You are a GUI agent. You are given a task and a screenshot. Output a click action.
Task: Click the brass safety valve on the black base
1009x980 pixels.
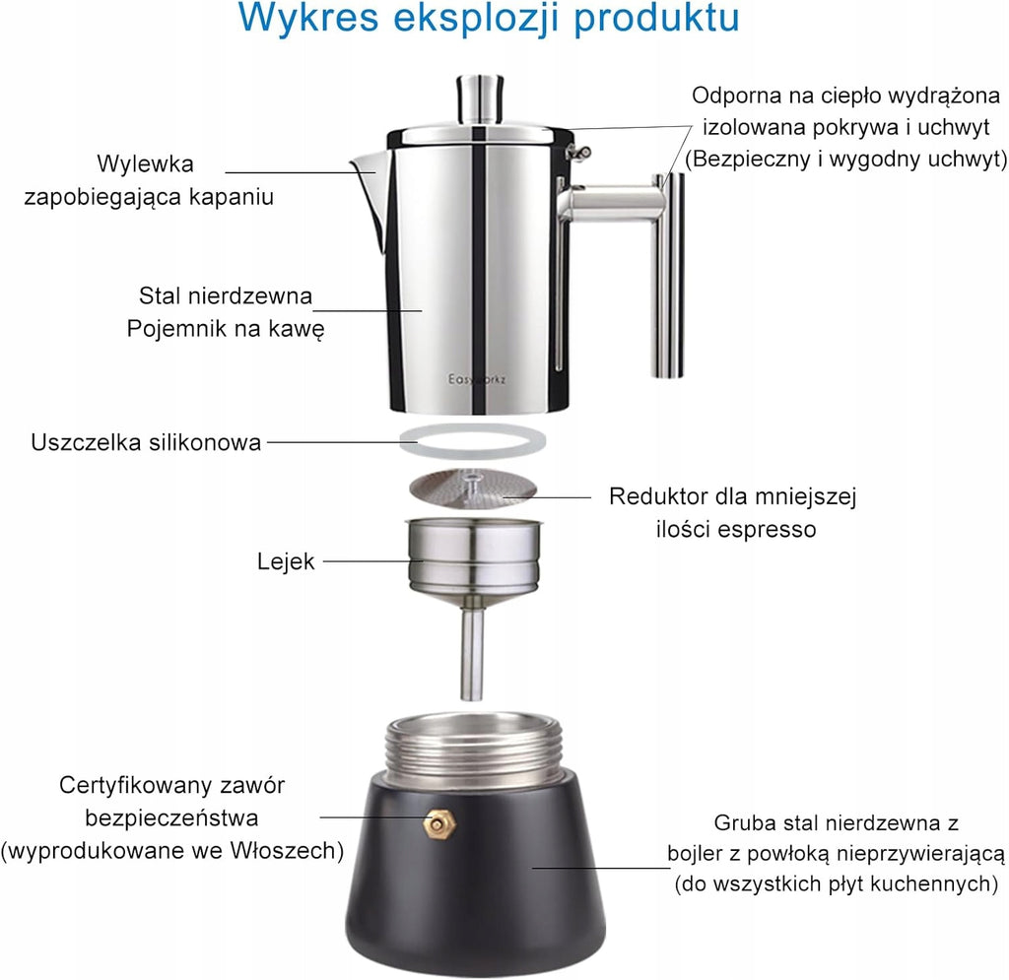pyautogui.click(x=438, y=822)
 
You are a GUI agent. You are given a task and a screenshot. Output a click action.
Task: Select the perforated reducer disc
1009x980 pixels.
pyautogui.click(x=473, y=488)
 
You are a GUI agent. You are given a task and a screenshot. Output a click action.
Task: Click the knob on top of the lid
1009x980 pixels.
pyautogui.click(x=480, y=99)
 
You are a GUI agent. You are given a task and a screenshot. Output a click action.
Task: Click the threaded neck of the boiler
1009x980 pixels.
pyautogui.click(x=474, y=750)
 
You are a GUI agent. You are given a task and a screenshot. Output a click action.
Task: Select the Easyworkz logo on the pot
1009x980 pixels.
pyautogui.click(x=477, y=379)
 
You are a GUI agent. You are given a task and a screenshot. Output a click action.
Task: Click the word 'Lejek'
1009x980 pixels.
pyautogui.click(x=286, y=561)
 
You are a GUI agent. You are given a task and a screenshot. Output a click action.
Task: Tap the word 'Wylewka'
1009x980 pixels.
pyautogui.click(x=146, y=163)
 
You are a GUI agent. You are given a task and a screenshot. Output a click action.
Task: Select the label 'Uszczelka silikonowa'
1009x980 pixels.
pyautogui.click(x=146, y=442)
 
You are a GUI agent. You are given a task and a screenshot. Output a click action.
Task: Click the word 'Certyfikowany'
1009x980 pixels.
pyautogui.click(x=134, y=786)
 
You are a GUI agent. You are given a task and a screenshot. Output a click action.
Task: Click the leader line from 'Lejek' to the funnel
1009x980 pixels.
pyautogui.click(x=372, y=561)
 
